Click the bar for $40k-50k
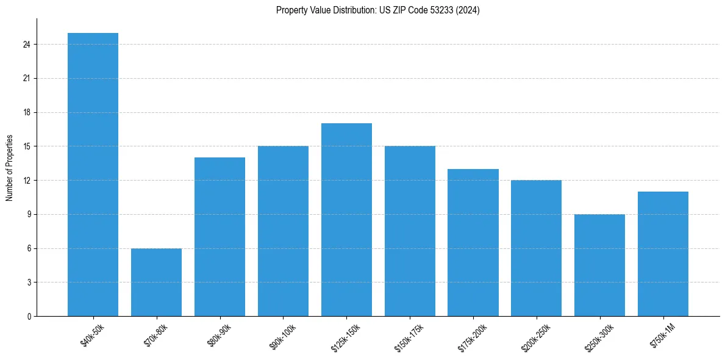coord(93,175)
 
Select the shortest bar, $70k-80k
coord(156,282)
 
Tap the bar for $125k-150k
coord(346,220)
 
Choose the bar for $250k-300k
coord(599,265)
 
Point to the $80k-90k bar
coord(220,237)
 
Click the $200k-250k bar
coord(536,248)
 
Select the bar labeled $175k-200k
coord(473,242)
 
